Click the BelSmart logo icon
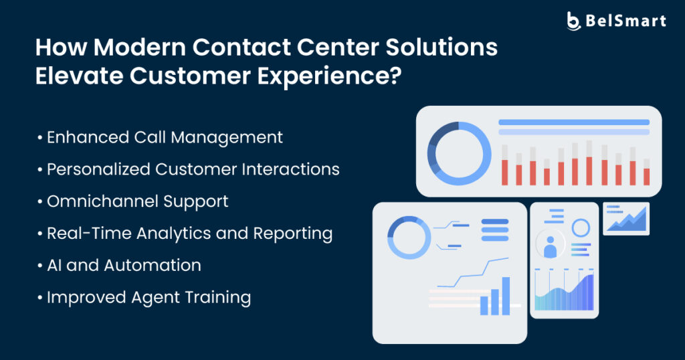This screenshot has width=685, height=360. tap(573, 21)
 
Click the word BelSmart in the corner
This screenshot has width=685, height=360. tap(625, 21)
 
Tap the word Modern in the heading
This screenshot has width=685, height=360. tap(140, 48)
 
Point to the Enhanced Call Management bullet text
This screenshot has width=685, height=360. tap(165, 138)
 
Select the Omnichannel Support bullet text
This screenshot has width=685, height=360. tap(138, 202)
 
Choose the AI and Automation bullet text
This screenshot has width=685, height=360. tap(124, 266)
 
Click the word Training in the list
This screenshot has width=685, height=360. tap(217, 298)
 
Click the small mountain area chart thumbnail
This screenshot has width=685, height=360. tap(626, 219)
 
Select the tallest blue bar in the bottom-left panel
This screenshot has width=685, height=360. tap(506, 296)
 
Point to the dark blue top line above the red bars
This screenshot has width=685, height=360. tap(573, 122)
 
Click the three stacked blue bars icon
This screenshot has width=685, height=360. tap(495, 230)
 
